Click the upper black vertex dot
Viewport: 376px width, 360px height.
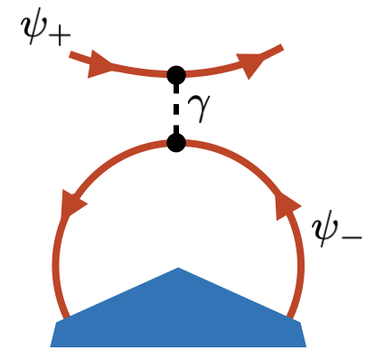[176, 74]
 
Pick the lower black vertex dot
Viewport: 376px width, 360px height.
[176, 143]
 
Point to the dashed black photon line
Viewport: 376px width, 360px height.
[176, 109]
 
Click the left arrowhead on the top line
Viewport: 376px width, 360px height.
[102, 64]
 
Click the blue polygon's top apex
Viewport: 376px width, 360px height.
[179, 268]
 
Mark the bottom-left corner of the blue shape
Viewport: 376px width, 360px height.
[51, 346]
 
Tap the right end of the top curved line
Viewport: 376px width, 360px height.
[284, 46]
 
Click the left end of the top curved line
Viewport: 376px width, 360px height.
[70, 54]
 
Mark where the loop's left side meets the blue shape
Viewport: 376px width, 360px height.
[61, 320]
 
